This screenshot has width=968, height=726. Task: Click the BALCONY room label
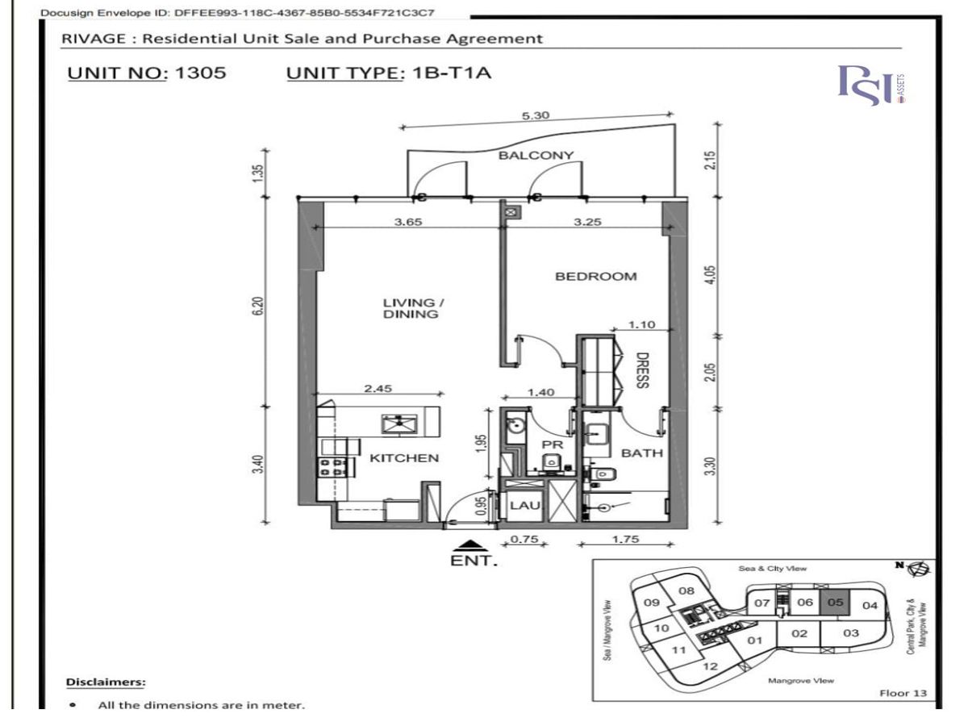pos(536,155)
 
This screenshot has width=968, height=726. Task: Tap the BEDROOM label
pos(596,277)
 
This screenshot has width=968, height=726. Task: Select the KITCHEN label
pos(404,458)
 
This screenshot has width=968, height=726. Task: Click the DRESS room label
pos(642,370)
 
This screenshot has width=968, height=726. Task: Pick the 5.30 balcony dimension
pos(536,115)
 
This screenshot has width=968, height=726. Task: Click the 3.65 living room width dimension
pos(408,222)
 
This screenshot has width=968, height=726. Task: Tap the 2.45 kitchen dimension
pos(378,388)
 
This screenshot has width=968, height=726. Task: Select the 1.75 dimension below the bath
pos(625,539)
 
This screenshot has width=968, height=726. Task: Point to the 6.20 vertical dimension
pos(259,306)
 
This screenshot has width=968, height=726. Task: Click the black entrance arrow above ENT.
pos(470,545)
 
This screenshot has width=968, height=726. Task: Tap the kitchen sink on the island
pos(399,424)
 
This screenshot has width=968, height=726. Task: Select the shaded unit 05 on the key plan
pos(834,603)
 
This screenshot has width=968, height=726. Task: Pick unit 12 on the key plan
pos(710,666)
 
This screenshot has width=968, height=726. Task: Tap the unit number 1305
pos(200,73)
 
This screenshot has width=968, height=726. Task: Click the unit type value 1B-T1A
pos(451,73)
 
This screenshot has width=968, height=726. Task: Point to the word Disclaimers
pos(106,682)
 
